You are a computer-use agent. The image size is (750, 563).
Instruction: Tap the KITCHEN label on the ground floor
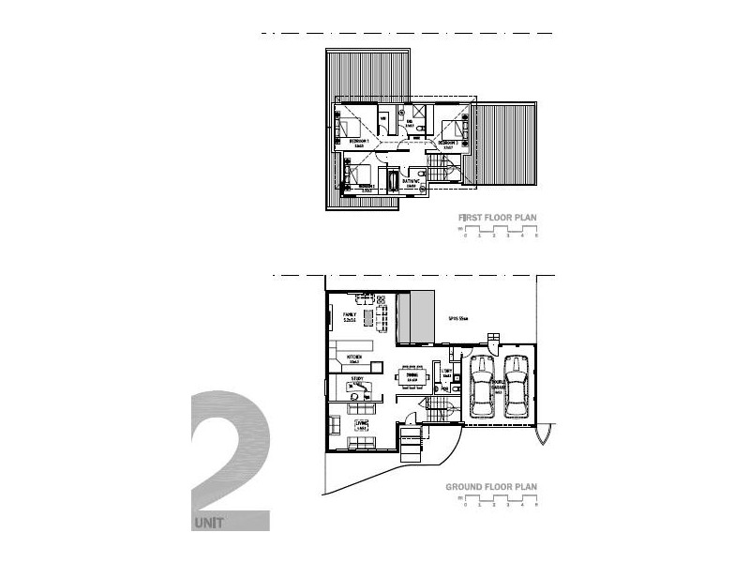(354, 358)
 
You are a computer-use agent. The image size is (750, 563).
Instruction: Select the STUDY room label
(357, 381)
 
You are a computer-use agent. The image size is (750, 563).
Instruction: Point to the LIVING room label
(361, 424)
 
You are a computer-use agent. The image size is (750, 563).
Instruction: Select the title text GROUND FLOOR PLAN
(491, 488)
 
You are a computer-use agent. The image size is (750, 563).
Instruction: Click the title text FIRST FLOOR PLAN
(497, 218)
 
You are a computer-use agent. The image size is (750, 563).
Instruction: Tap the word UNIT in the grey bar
(210, 522)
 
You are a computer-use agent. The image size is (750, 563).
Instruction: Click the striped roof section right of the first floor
(505, 145)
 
